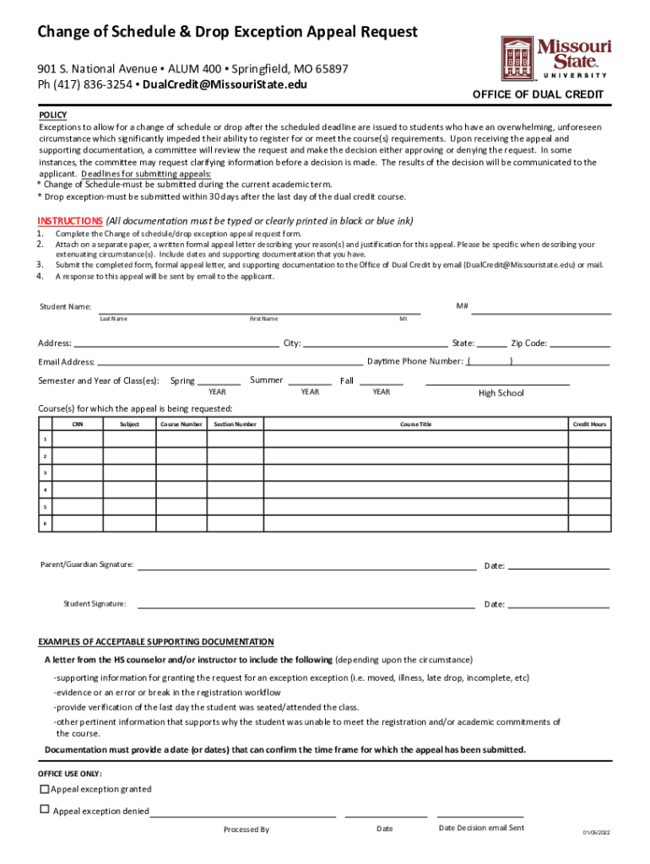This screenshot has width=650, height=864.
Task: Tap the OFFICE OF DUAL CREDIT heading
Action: pyautogui.click(x=538, y=94)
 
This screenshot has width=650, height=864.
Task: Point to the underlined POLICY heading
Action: pyautogui.click(x=52, y=115)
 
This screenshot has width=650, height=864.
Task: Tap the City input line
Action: pyautogui.click(x=376, y=344)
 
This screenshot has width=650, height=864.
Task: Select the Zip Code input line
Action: pyautogui.click(x=580, y=344)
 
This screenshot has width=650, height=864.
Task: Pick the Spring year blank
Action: pyautogui.click(x=219, y=382)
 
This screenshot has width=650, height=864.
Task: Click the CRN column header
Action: pyautogui.click(x=78, y=424)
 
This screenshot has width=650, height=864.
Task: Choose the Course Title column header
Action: pyautogui.click(x=415, y=424)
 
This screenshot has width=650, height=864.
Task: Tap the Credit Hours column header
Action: pyautogui.click(x=590, y=424)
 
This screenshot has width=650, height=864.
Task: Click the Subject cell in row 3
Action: pyautogui.click(x=129, y=473)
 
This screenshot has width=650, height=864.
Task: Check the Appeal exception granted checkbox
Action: pyautogui.click(x=45, y=790)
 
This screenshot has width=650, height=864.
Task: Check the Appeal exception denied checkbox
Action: pyautogui.click(x=45, y=809)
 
